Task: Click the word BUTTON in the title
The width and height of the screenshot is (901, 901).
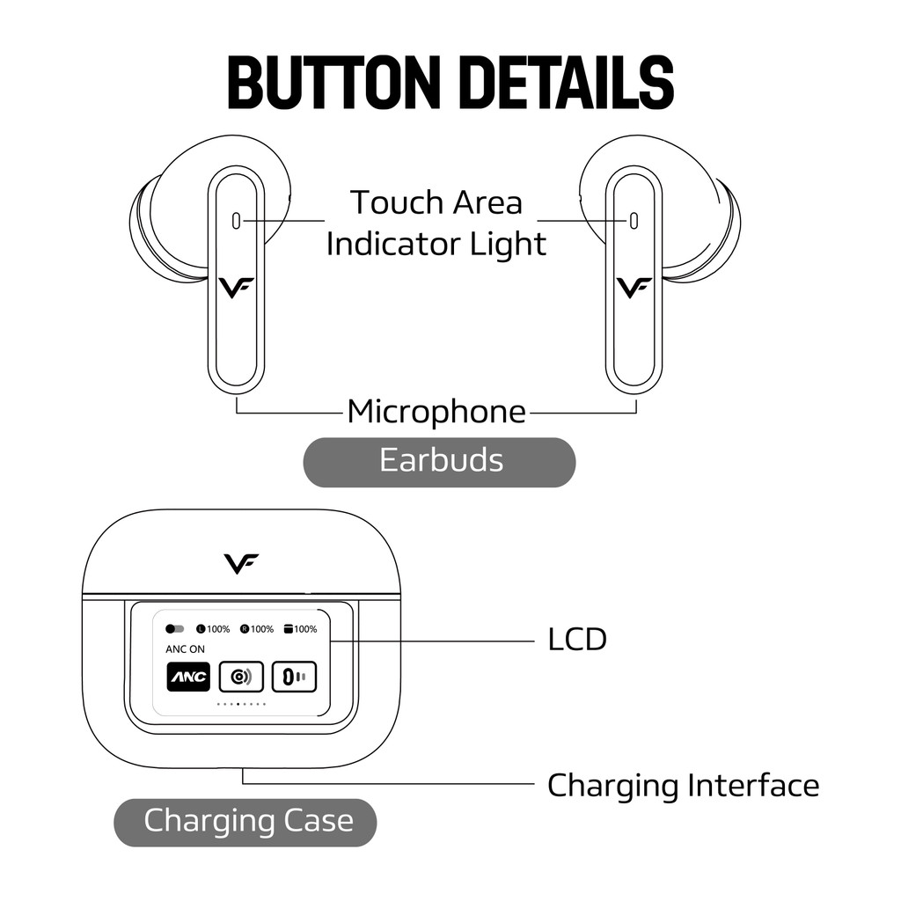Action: click(x=333, y=83)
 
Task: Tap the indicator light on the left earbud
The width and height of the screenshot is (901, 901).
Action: click(x=236, y=221)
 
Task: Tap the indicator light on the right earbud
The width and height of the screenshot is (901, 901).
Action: click(x=634, y=221)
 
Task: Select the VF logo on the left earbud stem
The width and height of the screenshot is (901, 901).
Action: click(x=236, y=288)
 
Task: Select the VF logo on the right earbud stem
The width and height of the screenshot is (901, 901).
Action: click(x=634, y=288)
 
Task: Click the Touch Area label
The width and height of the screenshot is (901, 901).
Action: click(x=436, y=202)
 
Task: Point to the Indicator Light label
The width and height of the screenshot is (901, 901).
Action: click(x=436, y=244)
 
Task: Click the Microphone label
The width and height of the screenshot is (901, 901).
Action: click(x=436, y=412)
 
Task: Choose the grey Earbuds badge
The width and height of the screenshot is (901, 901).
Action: click(x=440, y=462)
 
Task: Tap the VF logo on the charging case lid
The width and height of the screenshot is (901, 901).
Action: click(x=241, y=564)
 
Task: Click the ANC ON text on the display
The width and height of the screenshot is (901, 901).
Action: click(x=185, y=649)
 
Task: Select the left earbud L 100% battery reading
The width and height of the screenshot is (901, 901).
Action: click(x=213, y=629)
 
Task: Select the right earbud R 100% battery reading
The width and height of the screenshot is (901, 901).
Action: click(x=257, y=629)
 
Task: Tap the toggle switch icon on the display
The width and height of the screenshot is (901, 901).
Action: click(x=175, y=629)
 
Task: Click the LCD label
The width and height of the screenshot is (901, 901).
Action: click(x=577, y=640)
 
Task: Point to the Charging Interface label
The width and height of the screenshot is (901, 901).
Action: click(x=683, y=786)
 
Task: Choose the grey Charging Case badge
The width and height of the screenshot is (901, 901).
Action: click(x=245, y=823)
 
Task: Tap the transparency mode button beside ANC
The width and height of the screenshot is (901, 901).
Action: click(x=241, y=677)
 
